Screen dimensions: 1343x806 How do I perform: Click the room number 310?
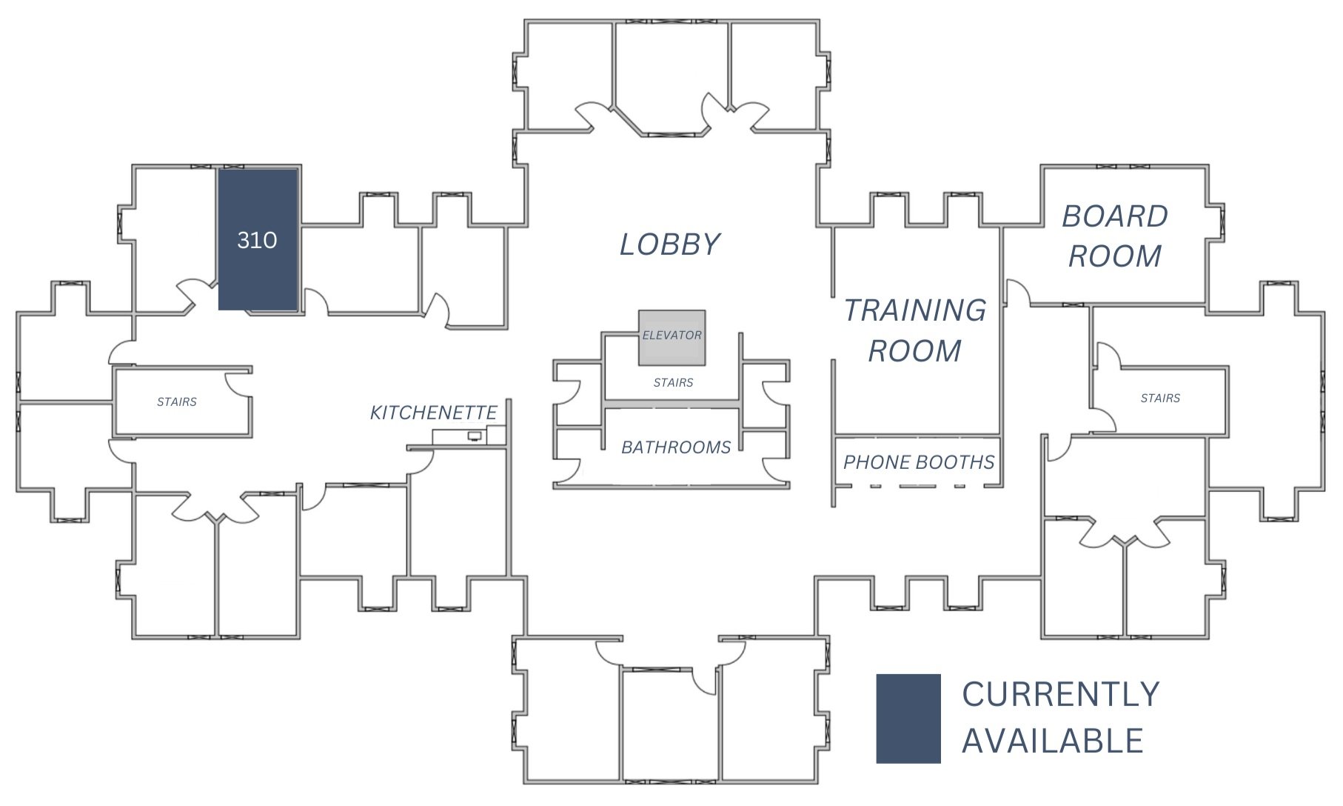(x=257, y=240)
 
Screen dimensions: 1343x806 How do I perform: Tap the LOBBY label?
(x=669, y=244)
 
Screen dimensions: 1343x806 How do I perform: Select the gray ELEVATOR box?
(x=671, y=337)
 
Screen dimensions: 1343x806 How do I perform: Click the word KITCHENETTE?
(x=433, y=413)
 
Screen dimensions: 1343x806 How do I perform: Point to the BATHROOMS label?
(x=676, y=447)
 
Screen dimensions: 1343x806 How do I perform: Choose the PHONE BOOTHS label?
(x=919, y=462)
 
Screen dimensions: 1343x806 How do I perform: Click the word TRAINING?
(x=915, y=310)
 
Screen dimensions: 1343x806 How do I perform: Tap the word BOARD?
(x=1115, y=216)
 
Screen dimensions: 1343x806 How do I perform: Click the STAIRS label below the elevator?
(x=673, y=383)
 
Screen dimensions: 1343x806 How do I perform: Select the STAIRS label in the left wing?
(x=177, y=402)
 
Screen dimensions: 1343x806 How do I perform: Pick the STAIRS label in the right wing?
(x=1160, y=399)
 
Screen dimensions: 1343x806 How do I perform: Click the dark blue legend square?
(x=908, y=718)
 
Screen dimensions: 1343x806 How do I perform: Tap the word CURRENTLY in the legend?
(x=1060, y=695)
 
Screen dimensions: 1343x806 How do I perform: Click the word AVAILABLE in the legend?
(x=1053, y=741)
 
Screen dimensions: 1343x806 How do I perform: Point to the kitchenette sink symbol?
(x=474, y=436)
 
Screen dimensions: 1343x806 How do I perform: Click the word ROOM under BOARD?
(x=1115, y=256)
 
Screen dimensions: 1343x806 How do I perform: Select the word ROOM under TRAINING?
(x=915, y=350)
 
